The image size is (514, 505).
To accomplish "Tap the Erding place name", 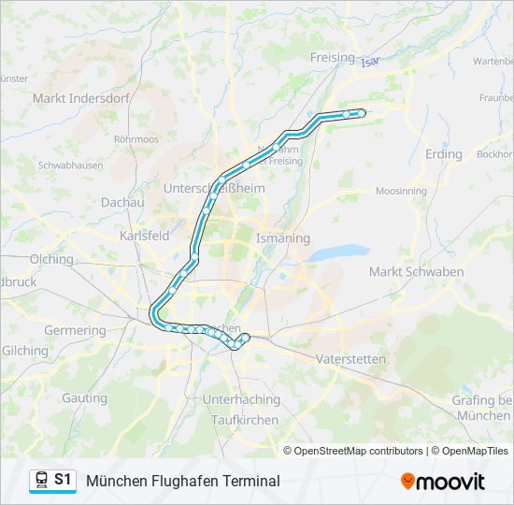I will pyautogui.click(x=443, y=153).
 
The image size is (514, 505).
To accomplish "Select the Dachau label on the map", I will pyautogui.click(x=122, y=202).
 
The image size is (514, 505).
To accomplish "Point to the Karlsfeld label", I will pyautogui.click(x=145, y=236).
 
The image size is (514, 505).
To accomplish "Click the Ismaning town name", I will pyautogui.click(x=283, y=238).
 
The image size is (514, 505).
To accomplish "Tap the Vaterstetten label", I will pyautogui.click(x=350, y=359).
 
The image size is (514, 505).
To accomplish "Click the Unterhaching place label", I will pyautogui.click(x=241, y=399).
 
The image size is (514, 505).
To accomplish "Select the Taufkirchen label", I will pyautogui.click(x=245, y=420).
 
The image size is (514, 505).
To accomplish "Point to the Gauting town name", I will pyautogui.click(x=85, y=397).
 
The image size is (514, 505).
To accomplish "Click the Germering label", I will pyautogui.click(x=75, y=330).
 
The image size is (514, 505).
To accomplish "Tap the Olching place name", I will pyautogui.click(x=51, y=259).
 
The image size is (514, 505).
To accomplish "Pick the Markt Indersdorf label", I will pyautogui.click(x=72, y=97).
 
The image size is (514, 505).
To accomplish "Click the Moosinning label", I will pyautogui.click(x=402, y=191).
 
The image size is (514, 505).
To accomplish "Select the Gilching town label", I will pyautogui.click(x=25, y=351).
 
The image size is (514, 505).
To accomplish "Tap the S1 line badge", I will pyautogui.click(x=63, y=480).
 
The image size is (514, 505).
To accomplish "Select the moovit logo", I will pyautogui.click(x=443, y=482).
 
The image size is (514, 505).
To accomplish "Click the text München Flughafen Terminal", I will pyautogui.click(x=183, y=481).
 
